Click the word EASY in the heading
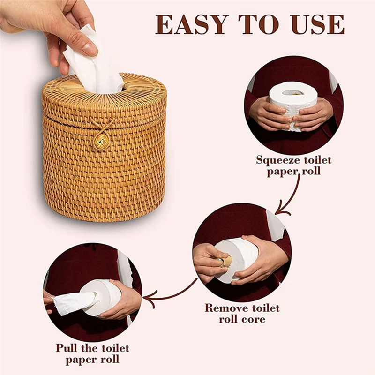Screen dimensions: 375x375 [x=191, y=24]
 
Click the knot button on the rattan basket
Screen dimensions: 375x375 [x=101, y=140]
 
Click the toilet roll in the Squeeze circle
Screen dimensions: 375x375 [x=293, y=101]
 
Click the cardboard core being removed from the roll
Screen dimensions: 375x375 [x=226, y=261]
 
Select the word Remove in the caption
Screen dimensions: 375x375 [x=226, y=308]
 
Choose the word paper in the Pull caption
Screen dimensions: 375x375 [x=80, y=360]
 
